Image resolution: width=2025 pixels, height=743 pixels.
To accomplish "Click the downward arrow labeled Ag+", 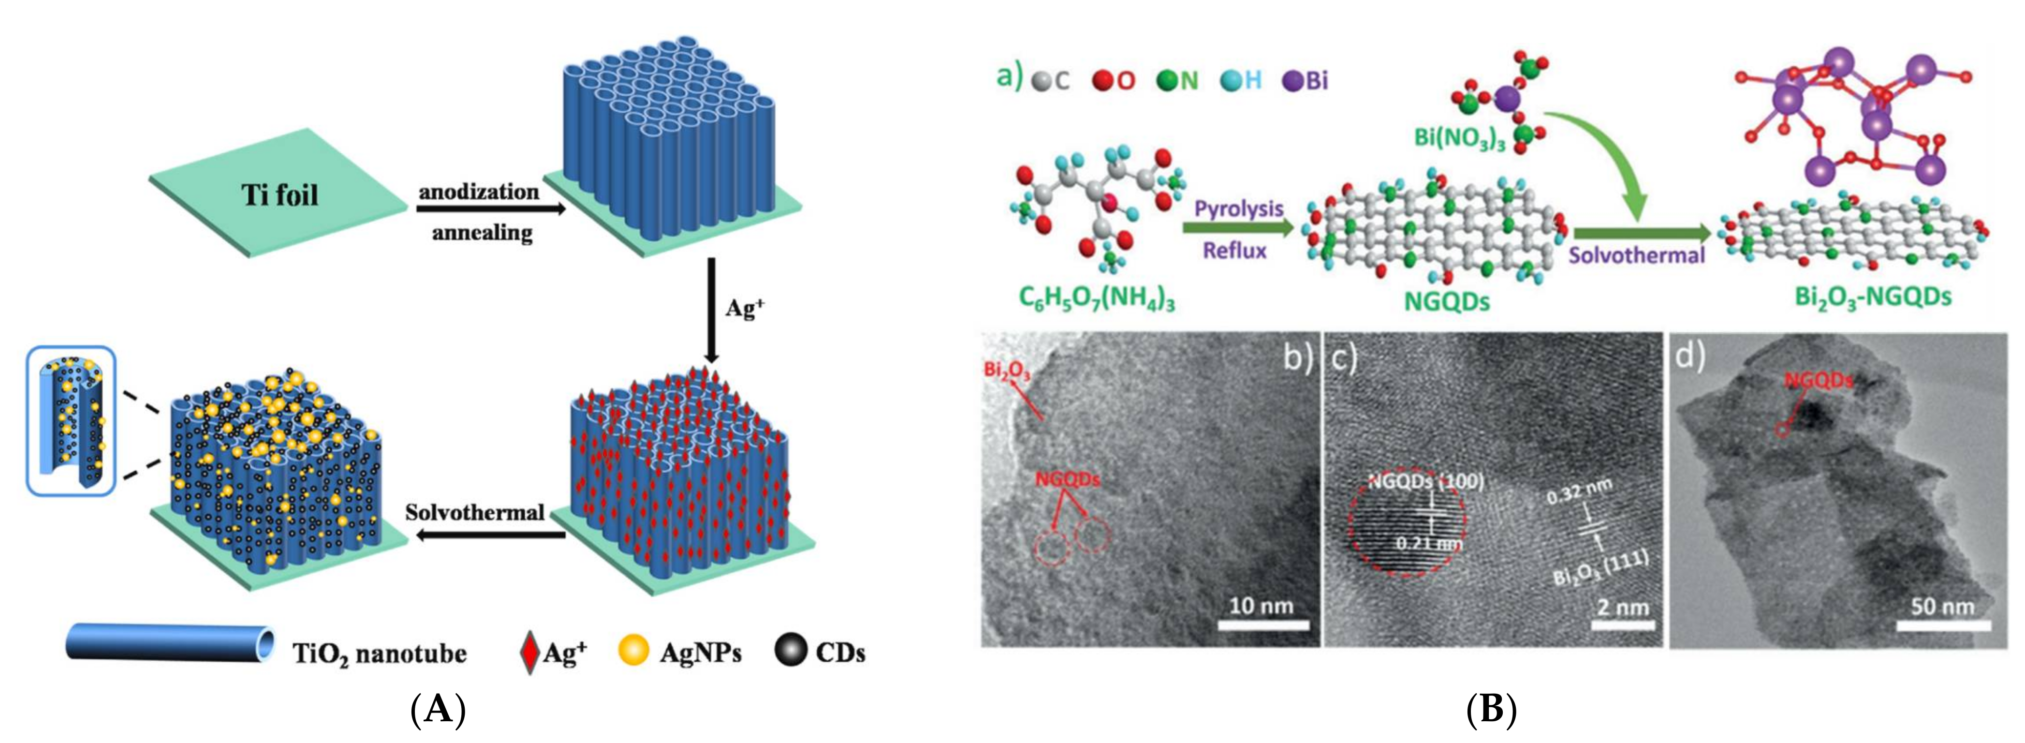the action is point(711,311).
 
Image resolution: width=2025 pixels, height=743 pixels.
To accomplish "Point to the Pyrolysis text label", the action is point(1238,208).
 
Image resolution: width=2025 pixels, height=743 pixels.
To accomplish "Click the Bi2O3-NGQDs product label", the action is point(1873,297).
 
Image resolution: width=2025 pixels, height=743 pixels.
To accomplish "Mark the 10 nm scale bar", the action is point(1263,625).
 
